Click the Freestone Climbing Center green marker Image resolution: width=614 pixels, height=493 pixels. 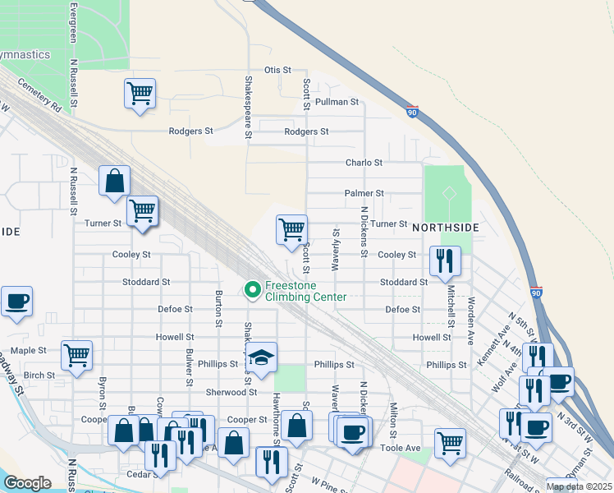click(253, 289)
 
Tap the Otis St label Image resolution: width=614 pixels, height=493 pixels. click(277, 71)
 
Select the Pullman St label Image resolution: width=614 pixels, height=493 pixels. click(343, 103)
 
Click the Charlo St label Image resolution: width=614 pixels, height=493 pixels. click(364, 164)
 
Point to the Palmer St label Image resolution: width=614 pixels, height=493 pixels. click(364, 194)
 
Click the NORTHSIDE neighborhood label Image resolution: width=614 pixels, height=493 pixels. click(444, 226)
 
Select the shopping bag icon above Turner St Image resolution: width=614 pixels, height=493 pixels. click(114, 180)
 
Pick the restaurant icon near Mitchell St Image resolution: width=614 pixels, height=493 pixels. click(444, 261)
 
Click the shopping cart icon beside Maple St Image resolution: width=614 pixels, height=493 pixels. click(76, 355)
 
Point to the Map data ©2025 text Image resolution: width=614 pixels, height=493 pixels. click(578, 486)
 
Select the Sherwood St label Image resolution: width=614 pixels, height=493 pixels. click(227, 393)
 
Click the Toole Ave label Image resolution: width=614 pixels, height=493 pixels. click(401, 449)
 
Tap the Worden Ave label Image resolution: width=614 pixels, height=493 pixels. click(470, 306)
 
